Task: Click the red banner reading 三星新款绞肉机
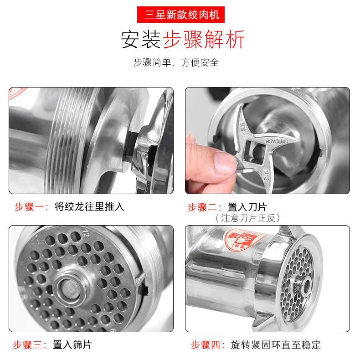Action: (181, 15)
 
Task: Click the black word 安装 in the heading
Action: (141, 40)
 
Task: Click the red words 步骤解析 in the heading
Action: (204, 40)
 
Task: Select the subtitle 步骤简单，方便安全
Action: (176, 62)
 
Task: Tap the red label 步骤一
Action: (31, 207)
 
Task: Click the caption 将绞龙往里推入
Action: (89, 206)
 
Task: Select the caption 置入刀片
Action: (247, 207)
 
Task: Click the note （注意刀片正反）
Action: (248, 218)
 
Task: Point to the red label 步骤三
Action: (30, 345)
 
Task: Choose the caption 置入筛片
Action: (72, 345)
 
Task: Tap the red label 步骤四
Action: (208, 345)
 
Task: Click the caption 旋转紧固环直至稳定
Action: (276, 345)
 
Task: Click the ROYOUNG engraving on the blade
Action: (277, 141)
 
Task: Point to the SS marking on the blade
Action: (243, 127)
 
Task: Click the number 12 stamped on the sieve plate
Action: (86, 233)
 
